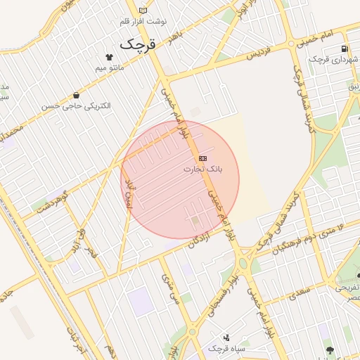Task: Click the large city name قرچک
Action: point(136,44)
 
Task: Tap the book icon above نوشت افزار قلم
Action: point(143,11)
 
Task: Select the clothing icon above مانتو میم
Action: point(108,57)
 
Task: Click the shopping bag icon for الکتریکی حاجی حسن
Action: point(75,94)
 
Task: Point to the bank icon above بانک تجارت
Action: point(202,158)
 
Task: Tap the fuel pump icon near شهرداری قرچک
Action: point(344,49)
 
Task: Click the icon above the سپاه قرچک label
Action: point(226,337)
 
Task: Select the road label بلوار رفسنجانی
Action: point(219,293)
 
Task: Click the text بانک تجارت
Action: point(202,169)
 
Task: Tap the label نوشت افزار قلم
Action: point(143,22)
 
